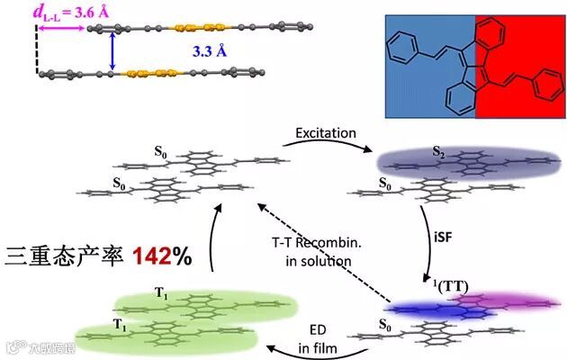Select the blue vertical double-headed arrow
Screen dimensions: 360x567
pyautogui.click(x=112, y=51)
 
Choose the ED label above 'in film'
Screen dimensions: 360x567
pyautogui.click(x=319, y=328)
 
